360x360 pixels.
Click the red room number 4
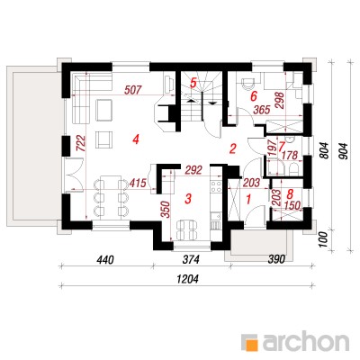point(136,139)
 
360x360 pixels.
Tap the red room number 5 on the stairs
point(193,83)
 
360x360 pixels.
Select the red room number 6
point(254,96)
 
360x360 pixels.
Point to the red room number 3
point(188,198)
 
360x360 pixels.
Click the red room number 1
point(248,199)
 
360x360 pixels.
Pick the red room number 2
point(232,148)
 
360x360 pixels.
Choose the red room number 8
point(290,194)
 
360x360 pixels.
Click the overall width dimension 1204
point(188,280)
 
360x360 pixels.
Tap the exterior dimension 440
point(105,260)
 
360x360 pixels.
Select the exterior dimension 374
point(191,260)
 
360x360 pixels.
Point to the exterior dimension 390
point(275,260)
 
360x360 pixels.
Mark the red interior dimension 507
point(132,90)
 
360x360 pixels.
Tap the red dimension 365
point(262,110)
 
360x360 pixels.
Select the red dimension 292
point(193,170)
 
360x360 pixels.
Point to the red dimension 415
point(138,183)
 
